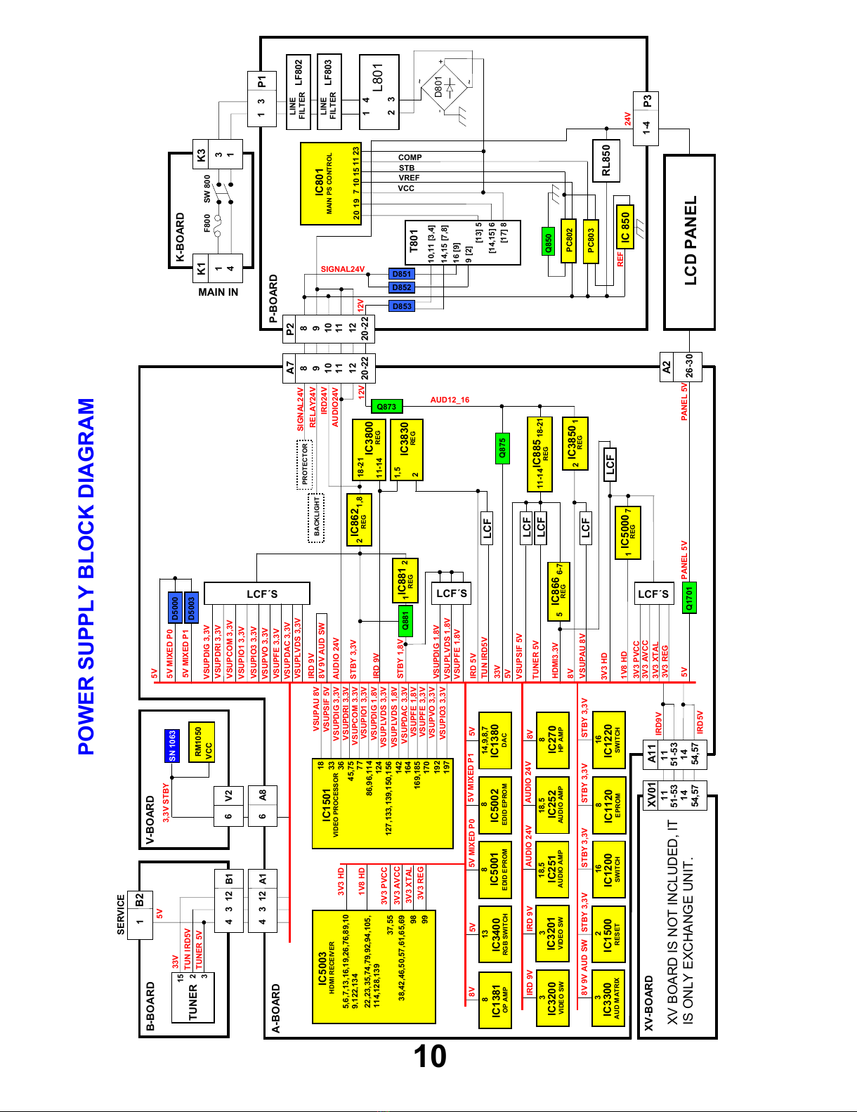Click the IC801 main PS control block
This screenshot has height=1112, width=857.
(x=331, y=184)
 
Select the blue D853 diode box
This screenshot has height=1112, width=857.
(x=402, y=306)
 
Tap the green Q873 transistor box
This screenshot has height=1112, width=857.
(x=387, y=406)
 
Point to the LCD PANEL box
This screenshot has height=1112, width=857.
(x=689, y=242)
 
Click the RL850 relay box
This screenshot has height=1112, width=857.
(x=606, y=161)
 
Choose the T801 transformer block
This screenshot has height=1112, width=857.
(x=462, y=242)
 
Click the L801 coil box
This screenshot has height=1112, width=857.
(x=379, y=92)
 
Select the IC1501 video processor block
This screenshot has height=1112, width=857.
(x=383, y=804)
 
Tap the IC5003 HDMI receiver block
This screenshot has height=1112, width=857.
(x=374, y=967)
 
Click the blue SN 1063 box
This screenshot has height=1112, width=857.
(x=172, y=745)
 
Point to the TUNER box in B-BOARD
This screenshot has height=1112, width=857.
(x=193, y=997)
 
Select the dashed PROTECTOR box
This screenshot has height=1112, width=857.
(x=304, y=464)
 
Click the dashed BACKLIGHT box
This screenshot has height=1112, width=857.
(x=316, y=518)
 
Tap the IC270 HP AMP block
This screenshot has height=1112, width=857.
(x=553, y=740)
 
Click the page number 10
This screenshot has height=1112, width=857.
(x=430, y=1057)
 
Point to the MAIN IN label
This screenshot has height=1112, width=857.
(x=218, y=292)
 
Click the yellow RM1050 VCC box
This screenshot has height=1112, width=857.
(x=201, y=742)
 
